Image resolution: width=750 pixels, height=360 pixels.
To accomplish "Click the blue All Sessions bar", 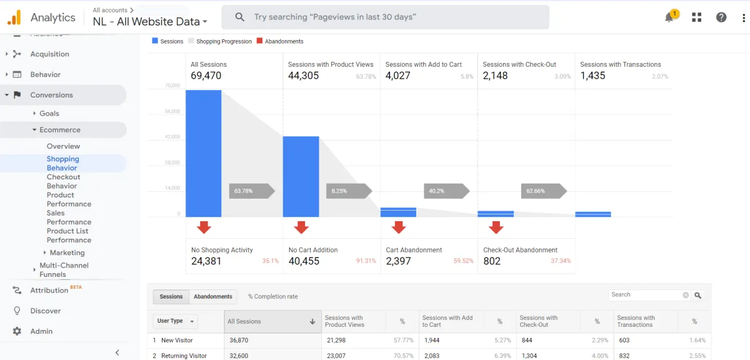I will tap(203, 153).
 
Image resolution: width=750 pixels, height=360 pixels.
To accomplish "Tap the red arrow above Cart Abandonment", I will tap(399, 227).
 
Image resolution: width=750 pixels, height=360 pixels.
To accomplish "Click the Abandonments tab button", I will tap(212, 296).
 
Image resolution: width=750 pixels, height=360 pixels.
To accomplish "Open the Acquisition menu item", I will tap(49, 54).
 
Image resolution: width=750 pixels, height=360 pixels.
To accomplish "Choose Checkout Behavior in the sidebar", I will tap(62, 181).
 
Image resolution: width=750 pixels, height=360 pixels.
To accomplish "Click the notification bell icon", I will tap(669, 17).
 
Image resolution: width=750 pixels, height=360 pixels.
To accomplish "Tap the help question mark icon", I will tap(721, 17).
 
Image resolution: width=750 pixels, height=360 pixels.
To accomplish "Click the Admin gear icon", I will tap(17, 331).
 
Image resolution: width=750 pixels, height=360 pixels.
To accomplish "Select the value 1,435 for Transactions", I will tap(592, 76).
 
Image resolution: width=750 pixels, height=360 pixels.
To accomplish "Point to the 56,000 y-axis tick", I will tap(172, 111).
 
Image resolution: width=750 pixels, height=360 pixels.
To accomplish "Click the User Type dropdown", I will tap(175, 321).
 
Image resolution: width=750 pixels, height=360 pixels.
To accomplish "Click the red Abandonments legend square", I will tap(260, 41).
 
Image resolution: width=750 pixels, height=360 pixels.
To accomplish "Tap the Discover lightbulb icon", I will tap(17, 311).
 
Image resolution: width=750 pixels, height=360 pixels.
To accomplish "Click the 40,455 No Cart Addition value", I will tap(304, 261).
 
